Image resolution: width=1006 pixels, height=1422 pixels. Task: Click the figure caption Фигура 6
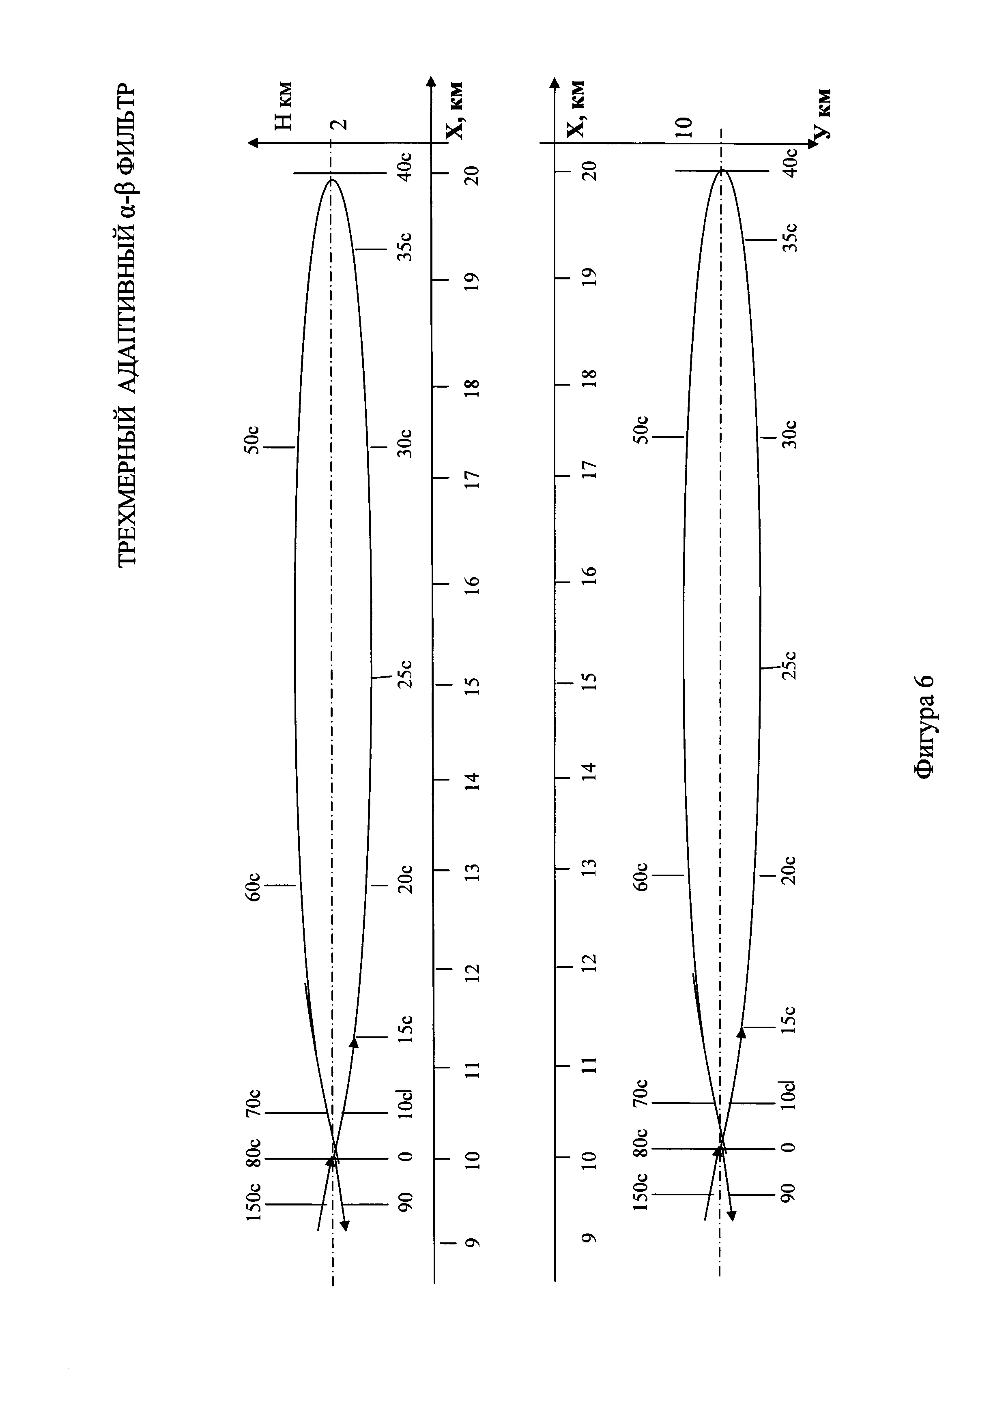925,726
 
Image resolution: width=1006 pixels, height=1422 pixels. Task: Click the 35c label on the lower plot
791,236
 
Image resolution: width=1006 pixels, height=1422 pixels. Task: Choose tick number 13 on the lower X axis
590,867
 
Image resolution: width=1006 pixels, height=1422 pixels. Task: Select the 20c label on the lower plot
791,869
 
